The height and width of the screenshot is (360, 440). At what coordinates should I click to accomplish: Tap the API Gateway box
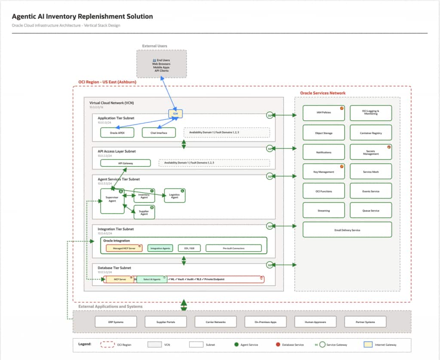[x=125, y=163]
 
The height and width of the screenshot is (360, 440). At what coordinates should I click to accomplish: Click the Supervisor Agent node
[x=112, y=201]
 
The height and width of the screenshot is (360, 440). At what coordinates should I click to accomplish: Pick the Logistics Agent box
[x=174, y=195]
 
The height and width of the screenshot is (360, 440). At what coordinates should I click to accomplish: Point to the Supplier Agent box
[x=144, y=212]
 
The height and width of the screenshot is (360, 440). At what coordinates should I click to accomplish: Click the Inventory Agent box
[x=144, y=195]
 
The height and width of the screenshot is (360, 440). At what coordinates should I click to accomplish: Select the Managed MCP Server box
[x=124, y=248]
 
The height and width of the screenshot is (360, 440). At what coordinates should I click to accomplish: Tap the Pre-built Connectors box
[x=233, y=248]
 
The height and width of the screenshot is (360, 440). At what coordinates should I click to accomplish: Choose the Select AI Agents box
[x=152, y=279]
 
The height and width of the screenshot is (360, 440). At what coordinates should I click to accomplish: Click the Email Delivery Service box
[x=347, y=230]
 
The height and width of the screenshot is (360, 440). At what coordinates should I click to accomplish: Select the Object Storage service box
[x=324, y=133]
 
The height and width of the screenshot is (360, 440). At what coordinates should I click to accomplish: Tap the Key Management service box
[x=324, y=171]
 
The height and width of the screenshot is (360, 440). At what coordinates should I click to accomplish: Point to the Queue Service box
[x=370, y=211]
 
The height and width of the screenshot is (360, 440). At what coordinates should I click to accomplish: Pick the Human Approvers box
[x=315, y=322]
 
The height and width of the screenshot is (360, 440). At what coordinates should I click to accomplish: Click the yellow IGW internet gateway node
[x=175, y=113]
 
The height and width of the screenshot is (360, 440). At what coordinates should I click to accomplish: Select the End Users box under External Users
[x=161, y=64]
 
